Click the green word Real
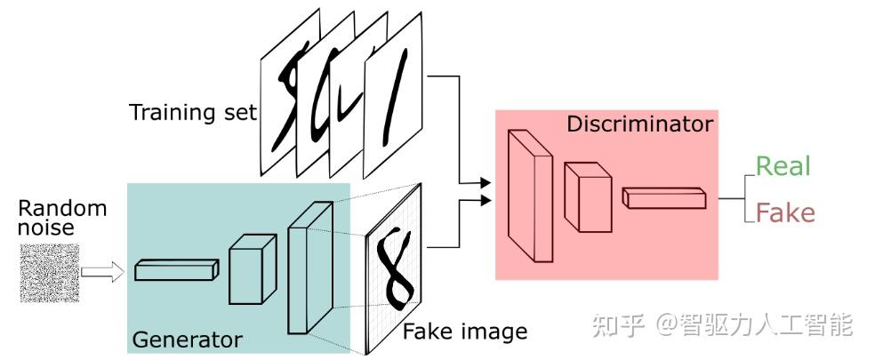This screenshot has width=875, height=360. coord(783,166)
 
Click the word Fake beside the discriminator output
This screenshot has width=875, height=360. coord(784,213)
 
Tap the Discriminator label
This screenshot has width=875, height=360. coord(639,124)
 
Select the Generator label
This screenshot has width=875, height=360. coord(187,340)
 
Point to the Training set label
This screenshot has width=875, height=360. coord(192,113)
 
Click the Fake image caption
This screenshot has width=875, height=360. coord(465,332)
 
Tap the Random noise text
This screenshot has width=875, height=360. coord(62,219)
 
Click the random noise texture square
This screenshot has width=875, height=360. coord(49,272)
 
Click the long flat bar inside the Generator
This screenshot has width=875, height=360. coord(176,270)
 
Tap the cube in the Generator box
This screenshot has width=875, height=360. coord(253,269)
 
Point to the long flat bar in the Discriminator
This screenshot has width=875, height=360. coord(663,198)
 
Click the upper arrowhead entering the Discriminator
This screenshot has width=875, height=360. coord(485,184)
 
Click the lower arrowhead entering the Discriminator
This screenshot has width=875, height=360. coord(485,201)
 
